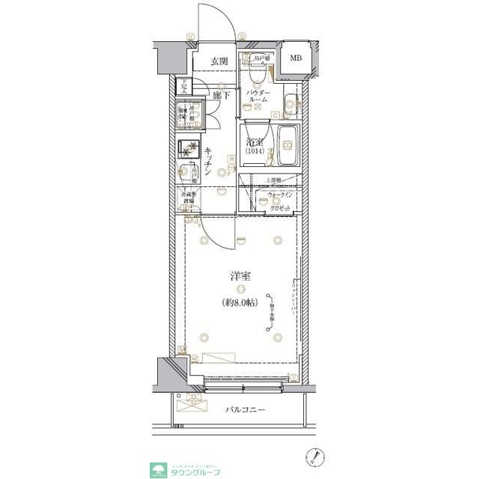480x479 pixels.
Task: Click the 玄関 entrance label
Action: [219, 62]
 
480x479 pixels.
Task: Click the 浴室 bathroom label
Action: [255, 142]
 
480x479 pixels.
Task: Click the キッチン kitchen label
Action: [210, 162]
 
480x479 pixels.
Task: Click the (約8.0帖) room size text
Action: [240, 303]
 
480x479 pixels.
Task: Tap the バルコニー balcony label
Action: [247, 410]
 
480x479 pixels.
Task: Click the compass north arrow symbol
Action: [317, 455]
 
